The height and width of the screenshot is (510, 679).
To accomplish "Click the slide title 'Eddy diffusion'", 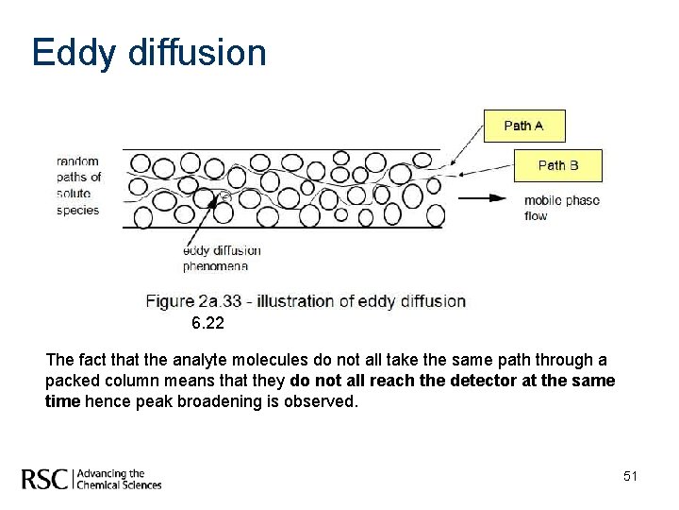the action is pos(148,54).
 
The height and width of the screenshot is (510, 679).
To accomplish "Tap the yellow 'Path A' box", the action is pos(524,126).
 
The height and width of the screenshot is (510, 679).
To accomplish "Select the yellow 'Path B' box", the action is pos(557,165).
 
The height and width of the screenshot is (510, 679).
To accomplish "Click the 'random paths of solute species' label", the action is pos(78,185).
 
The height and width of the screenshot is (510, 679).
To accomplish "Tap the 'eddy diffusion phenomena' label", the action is pos(222,258).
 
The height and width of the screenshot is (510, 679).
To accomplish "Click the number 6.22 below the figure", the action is pos(208,324).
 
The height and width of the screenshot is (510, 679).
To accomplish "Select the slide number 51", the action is pos(630,477).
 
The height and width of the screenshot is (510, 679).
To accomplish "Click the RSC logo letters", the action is pos(45,479).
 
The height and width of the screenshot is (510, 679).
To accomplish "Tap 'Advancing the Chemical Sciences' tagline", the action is pos(118,479).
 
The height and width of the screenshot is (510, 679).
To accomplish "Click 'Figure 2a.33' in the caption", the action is pos(193,301).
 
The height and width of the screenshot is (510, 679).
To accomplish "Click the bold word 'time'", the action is pos(63,400).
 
